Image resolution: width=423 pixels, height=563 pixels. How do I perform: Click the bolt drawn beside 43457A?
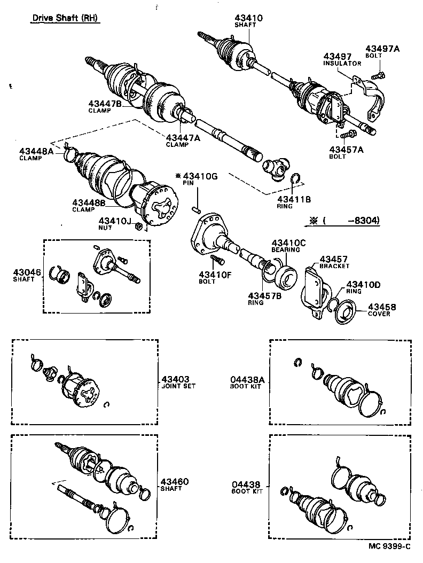[x=351, y=132]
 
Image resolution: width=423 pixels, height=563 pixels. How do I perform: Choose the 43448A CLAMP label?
[x=36, y=154]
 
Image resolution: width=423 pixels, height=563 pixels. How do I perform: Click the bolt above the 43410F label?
[x=217, y=261]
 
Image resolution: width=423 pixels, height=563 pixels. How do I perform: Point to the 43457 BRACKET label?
[x=335, y=262]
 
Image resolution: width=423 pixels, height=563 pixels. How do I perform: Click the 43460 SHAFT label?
[x=174, y=484]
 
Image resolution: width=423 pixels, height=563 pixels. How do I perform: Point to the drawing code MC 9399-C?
[x=389, y=546]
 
